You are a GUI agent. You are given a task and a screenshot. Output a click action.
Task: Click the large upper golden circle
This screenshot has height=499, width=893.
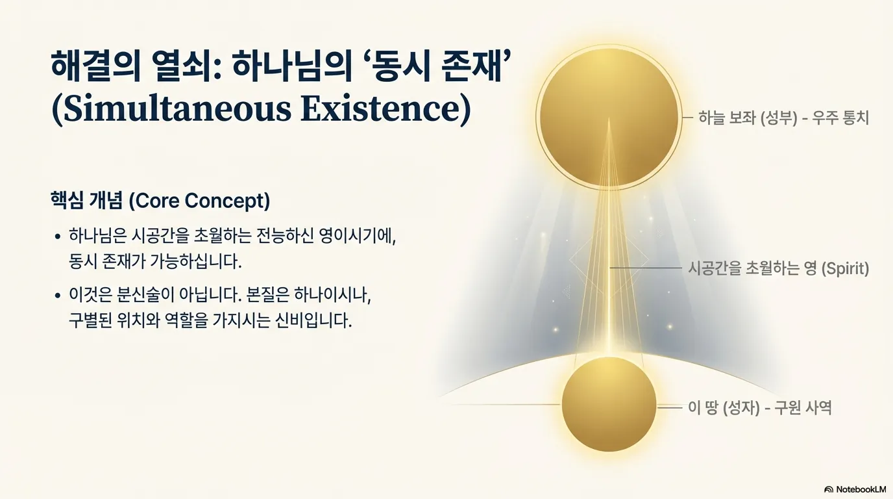[x=609, y=117]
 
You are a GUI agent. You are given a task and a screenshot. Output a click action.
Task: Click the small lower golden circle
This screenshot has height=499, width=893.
[x=609, y=404]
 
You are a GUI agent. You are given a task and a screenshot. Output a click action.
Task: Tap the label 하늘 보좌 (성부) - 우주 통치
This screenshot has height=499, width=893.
[x=783, y=118]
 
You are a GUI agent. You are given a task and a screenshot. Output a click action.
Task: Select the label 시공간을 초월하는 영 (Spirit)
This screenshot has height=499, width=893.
[x=779, y=268]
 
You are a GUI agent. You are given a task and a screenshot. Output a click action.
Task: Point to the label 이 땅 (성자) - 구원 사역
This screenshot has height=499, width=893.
[x=760, y=407]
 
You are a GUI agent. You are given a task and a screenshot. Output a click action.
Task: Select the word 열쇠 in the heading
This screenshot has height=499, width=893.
[x=186, y=66]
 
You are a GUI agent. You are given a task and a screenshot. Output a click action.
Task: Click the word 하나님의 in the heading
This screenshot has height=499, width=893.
[x=292, y=66]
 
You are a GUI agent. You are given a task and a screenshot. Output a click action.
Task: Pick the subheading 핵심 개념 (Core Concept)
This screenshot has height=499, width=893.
[x=160, y=200]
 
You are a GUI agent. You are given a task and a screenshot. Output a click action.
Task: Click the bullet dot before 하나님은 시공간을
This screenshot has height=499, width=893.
[x=58, y=237]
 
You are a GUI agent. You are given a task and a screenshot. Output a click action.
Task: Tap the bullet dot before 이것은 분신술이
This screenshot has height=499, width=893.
[x=58, y=296]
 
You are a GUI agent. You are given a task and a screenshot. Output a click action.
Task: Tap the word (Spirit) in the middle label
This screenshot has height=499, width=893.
[x=846, y=268]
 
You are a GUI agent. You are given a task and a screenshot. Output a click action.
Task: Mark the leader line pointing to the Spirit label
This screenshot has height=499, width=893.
[x=646, y=268]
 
